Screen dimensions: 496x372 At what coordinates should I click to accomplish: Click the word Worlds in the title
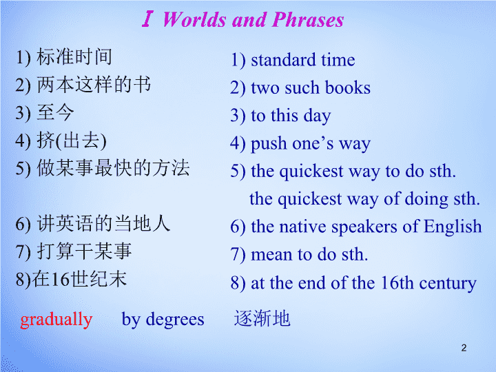pyautogui.click(x=194, y=19)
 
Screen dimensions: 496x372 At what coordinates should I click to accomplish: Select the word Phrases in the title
pyautogui.click(x=308, y=19)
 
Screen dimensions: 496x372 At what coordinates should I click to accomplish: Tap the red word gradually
pyautogui.click(x=56, y=320)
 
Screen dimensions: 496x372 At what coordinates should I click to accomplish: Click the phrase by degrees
pyautogui.click(x=163, y=320)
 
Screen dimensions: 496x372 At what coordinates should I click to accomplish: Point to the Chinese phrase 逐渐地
pyautogui.click(x=262, y=318)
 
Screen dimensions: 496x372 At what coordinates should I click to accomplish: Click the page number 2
pyautogui.click(x=464, y=348)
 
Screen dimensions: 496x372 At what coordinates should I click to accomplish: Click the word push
pyautogui.click(x=269, y=144)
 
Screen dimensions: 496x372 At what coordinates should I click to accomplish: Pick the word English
pyautogui.click(x=453, y=227)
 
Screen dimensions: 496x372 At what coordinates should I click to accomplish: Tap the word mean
pyautogui.click(x=271, y=255)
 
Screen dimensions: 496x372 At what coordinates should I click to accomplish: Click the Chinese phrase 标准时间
pyautogui.click(x=74, y=56)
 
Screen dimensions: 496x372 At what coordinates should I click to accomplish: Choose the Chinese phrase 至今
pyautogui.click(x=55, y=112)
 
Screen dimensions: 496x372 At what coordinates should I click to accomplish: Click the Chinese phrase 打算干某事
pyautogui.click(x=84, y=251)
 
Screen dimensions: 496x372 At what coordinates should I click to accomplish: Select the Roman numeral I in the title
pyautogui.click(x=147, y=19)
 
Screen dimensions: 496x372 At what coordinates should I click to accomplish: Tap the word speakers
pyautogui.click(x=364, y=227)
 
